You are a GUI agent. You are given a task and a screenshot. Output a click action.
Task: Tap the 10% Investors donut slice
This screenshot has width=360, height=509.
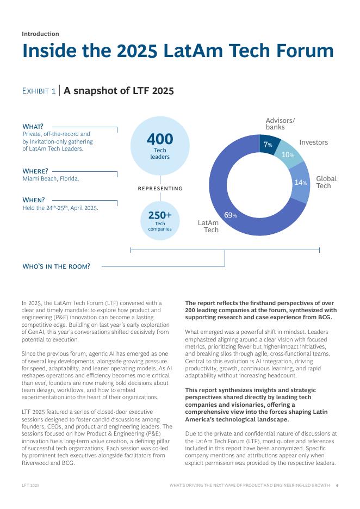pyautogui.click(x=287, y=154)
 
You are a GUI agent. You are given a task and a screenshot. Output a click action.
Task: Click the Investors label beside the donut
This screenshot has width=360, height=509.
pyautogui.click(x=313, y=142)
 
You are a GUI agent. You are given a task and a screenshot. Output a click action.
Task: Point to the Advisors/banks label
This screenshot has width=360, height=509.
pyautogui.click(x=280, y=124)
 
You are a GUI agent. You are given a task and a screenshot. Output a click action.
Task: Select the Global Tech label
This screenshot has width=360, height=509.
pyautogui.click(x=326, y=182)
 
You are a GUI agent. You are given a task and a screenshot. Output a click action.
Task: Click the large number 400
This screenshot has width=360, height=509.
pyautogui.click(x=160, y=139)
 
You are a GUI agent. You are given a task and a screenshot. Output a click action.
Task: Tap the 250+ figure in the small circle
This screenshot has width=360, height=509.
pyautogui.click(x=160, y=215)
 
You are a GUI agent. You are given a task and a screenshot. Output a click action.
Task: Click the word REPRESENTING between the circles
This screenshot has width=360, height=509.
pyautogui.click(x=160, y=189)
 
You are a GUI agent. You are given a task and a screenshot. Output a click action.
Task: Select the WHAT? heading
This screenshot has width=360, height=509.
pyautogui.click(x=33, y=127)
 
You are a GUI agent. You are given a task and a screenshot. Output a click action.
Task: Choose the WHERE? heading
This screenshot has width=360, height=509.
pyautogui.click(x=35, y=171)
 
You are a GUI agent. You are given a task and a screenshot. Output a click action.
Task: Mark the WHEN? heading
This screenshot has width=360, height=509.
pyautogui.click(x=33, y=200)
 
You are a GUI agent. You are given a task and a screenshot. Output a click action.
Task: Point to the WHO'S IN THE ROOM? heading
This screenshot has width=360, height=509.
pyautogui.click(x=56, y=266)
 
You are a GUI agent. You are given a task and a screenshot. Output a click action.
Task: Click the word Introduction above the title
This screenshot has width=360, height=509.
pyautogui.click(x=40, y=34)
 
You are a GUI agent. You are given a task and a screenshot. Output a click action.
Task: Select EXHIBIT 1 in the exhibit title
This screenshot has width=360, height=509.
pyautogui.click(x=39, y=91)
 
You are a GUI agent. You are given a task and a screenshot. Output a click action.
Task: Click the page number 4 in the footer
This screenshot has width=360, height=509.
pyautogui.click(x=337, y=485)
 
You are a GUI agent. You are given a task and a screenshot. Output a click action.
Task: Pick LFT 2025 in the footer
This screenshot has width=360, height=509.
pyautogui.click(x=30, y=485)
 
